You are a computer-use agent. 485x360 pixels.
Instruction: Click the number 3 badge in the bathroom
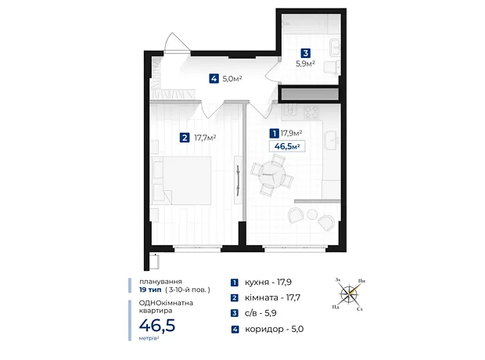[x=306, y=53]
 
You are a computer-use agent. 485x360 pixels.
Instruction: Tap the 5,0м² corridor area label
[x=232, y=78]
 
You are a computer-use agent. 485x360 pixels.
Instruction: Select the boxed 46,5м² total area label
[x=287, y=146]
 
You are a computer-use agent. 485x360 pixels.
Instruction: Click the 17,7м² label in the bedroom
[x=205, y=138]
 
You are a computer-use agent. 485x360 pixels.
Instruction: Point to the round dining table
[x=270, y=176]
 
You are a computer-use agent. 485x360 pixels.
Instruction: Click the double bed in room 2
[x=181, y=181]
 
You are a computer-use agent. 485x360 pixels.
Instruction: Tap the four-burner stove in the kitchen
[x=311, y=113]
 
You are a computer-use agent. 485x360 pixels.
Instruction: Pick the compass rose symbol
[x=350, y=293]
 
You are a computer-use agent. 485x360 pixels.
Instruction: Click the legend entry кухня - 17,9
[x=268, y=283]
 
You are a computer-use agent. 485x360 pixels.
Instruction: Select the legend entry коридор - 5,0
[x=274, y=329]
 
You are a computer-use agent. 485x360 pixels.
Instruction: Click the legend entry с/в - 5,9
[x=260, y=313]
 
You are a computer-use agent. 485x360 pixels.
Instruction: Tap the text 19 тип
[x=150, y=290]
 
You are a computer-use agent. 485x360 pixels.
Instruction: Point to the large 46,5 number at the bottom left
[x=157, y=325]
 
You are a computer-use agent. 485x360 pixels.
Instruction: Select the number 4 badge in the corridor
[x=214, y=78]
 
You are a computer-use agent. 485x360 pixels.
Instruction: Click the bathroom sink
[x=335, y=48]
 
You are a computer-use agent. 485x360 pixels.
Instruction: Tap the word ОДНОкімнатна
[x=166, y=303]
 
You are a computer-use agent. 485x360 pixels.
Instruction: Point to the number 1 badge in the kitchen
[x=274, y=133]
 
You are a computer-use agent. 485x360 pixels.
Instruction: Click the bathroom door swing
[x=273, y=71]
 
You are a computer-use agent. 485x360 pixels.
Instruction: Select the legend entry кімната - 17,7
[x=272, y=297]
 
